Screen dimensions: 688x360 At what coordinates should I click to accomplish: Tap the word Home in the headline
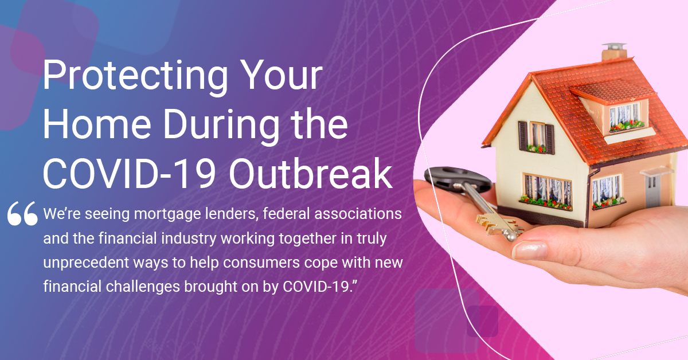97,124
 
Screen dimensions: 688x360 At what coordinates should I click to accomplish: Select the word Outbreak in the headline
311,173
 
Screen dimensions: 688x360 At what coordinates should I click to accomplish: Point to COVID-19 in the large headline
130,174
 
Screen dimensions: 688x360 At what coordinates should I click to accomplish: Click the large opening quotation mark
23,213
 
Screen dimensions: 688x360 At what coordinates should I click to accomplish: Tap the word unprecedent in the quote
87,263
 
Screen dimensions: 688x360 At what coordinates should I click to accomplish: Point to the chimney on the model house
614,52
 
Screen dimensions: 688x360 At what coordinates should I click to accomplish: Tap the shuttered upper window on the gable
536,138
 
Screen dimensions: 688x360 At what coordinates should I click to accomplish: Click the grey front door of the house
652,191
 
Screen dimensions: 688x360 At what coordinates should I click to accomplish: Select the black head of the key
457,179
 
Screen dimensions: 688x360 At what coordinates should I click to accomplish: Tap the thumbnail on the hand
530,250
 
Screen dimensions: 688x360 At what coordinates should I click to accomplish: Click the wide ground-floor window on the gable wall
548,192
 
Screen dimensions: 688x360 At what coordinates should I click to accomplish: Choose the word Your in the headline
282,75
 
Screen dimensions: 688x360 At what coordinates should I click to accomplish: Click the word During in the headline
221,126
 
